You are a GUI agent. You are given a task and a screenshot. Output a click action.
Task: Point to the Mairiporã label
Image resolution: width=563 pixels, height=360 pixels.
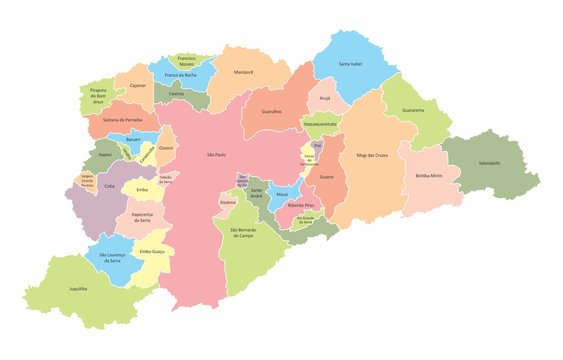coord(243,73)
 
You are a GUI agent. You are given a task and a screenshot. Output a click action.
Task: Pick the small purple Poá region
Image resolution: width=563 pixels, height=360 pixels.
coord(317,145)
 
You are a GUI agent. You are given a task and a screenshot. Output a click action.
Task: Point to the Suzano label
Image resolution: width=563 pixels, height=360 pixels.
coord(326,176)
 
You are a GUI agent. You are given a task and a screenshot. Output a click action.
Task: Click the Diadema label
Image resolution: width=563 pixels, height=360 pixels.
coord(227,201)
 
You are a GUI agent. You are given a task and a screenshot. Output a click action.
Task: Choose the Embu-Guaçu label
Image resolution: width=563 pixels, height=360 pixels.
coord(152,251)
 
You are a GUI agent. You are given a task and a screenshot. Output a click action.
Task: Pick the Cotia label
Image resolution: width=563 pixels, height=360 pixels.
coord(110,185)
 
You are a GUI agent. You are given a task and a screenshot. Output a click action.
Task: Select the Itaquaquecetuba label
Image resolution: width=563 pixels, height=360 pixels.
coord(320,125)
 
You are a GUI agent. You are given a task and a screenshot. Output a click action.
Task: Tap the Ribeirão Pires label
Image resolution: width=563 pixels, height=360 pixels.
coord(301,204)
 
